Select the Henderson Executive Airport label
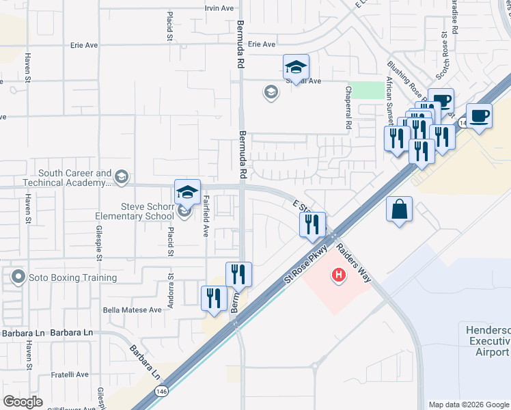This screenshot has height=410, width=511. coord(487,340)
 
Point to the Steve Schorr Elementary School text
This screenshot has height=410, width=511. coord(134,210)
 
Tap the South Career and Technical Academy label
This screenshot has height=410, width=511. coord(66,178)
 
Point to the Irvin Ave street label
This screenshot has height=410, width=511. coord(219,8)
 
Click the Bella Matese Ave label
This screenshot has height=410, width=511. coord(132,310)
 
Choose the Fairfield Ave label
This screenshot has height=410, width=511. coord(205,216)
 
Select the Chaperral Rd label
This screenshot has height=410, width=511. coord(348,107)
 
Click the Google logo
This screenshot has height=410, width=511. coord(23,402)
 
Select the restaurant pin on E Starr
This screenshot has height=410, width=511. coord(312,223)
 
